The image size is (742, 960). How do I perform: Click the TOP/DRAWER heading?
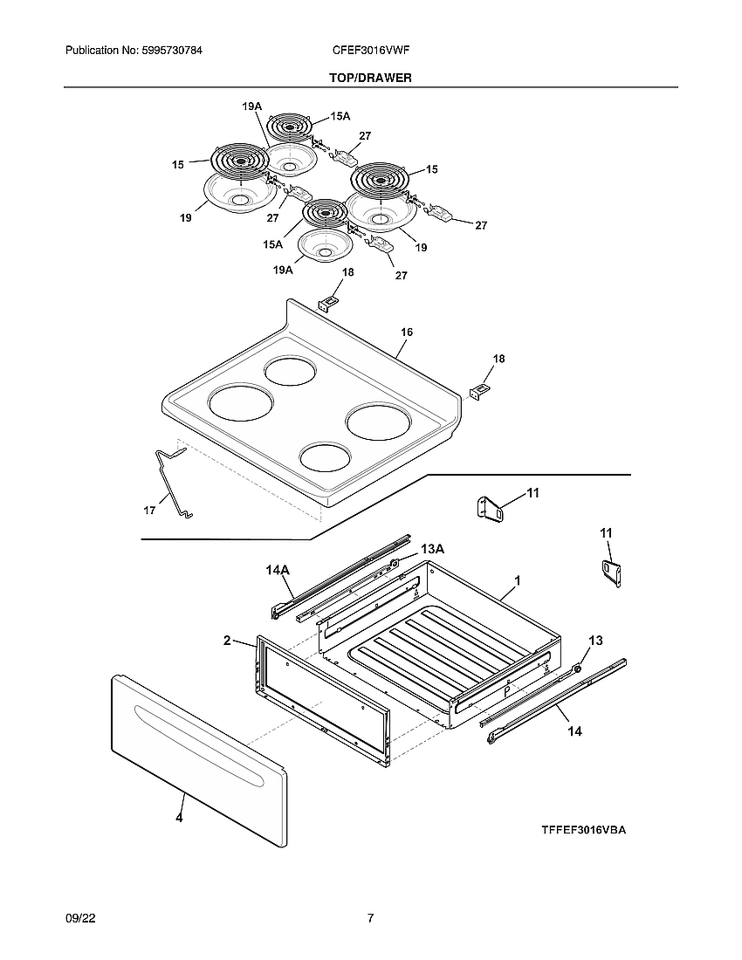click(370, 78)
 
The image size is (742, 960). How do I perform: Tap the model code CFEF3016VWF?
click(371, 51)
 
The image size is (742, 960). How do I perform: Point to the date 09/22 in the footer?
click(78, 918)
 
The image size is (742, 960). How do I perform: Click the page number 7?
click(370, 918)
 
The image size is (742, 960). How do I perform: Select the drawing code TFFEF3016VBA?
click(583, 830)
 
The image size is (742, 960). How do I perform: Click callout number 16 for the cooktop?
click(407, 333)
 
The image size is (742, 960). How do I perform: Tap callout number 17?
click(149, 511)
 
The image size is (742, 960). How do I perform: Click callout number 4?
click(179, 819)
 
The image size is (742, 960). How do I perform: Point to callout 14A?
click(277, 570)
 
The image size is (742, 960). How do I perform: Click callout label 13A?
click(432, 549)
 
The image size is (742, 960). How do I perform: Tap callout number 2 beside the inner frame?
click(227, 641)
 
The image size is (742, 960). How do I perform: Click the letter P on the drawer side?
click(505, 690)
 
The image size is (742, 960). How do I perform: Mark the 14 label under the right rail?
click(574, 731)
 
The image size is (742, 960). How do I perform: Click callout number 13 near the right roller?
click(594, 641)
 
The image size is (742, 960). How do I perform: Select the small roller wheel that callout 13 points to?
click(575, 669)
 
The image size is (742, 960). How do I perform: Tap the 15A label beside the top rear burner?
click(340, 116)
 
